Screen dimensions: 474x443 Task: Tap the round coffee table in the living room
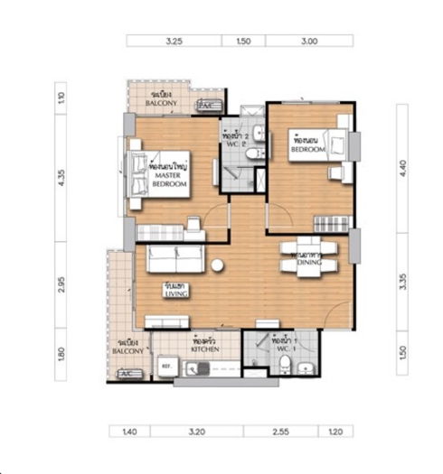coord(218,265)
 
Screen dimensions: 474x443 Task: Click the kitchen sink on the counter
coord(199,368)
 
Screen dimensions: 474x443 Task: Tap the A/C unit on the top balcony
coord(206,106)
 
